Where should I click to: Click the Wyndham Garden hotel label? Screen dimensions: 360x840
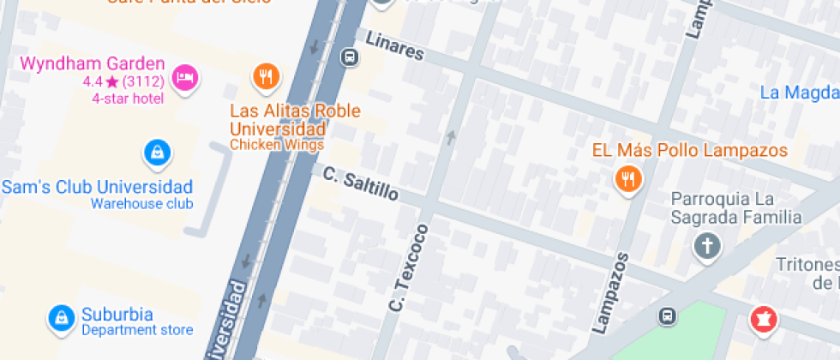(x=92, y=63)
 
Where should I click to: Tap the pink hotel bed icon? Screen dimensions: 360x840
(x=183, y=78)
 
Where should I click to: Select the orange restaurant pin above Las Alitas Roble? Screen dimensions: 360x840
(x=267, y=77)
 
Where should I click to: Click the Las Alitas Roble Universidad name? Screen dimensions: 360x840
(x=295, y=120)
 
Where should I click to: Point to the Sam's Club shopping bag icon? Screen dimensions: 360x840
(x=157, y=153)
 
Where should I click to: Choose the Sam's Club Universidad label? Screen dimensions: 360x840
(x=98, y=187)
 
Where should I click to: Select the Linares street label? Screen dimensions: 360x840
(x=394, y=46)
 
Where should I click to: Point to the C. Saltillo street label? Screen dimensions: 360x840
(x=361, y=183)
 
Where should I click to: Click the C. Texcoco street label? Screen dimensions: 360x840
(x=408, y=267)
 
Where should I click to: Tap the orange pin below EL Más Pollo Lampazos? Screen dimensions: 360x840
(x=629, y=179)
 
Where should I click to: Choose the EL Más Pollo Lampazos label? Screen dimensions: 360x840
(x=689, y=151)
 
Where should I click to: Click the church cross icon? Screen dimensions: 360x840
(x=707, y=247)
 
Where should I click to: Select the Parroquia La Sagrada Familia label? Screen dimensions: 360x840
(x=736, y=208)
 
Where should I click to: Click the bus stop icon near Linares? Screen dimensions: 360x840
(x=349, y=57)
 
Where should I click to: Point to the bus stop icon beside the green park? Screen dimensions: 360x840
(x=666, y=316)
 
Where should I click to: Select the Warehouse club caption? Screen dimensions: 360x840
(x=141, y=204)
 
